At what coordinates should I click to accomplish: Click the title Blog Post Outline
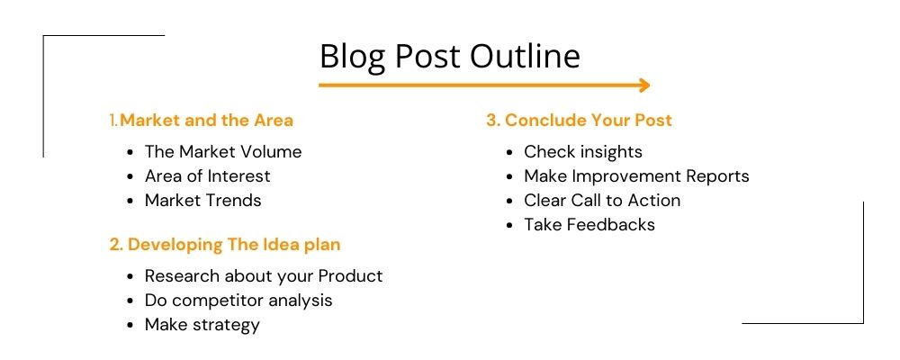coord(449,57)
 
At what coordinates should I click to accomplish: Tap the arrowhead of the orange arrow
coord(645,85)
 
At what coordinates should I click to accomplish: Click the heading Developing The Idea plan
coord(225,245)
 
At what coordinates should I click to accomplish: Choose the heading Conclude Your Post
coord(579,120)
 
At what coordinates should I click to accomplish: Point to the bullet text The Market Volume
coord(223,151)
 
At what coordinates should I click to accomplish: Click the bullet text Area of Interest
coord(208,175)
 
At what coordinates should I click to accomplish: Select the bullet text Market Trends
coord(203,201)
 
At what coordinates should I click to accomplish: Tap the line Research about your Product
coord(264,276)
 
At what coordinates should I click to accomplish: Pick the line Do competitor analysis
coord(238,301)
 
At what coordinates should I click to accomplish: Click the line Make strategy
coord(202,325)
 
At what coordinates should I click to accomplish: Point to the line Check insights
coord(583,151)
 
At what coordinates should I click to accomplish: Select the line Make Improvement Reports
coord(636,176)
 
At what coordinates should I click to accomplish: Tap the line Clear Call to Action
coord(602,201)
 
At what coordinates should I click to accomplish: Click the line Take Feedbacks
coord(589,224)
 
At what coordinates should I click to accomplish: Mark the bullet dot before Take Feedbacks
coord(509,226)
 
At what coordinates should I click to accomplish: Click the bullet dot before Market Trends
coord(130,202)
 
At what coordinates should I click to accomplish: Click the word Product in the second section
coord(351,275)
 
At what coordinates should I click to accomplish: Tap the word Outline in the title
coord(526,57)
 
